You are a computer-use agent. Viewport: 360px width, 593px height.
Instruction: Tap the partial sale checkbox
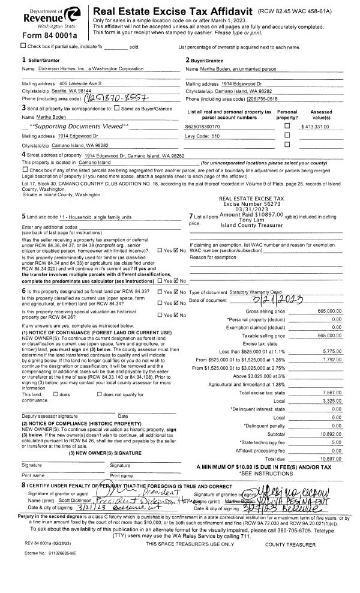click(23, 46)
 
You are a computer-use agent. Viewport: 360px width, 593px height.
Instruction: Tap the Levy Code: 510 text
click(203, 136)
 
